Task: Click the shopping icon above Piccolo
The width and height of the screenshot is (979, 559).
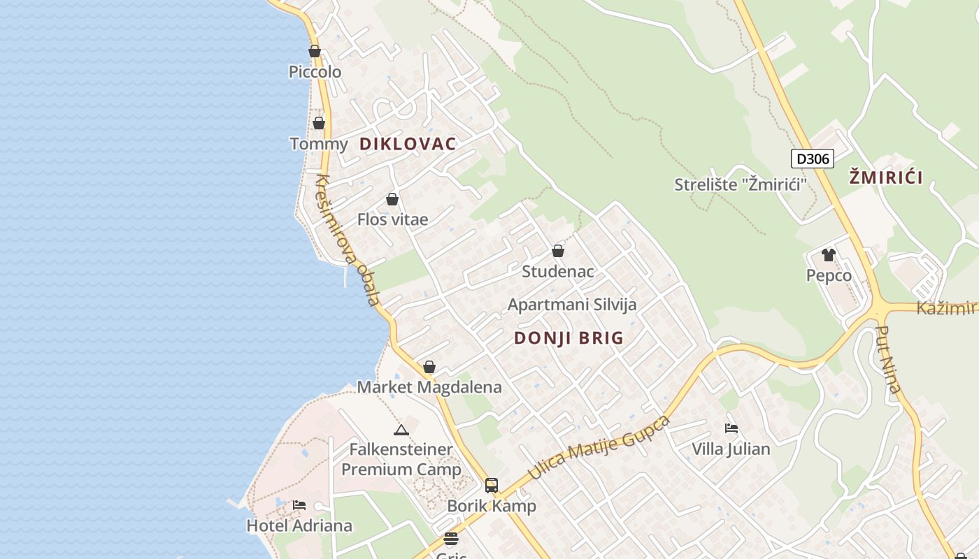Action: pyautogui.click(x=315, y=51)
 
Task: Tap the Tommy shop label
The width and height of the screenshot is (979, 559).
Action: pyautogui.click(x=318, y=144)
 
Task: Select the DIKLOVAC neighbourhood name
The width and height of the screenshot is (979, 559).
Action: pyautogui.click(x=408, y=144)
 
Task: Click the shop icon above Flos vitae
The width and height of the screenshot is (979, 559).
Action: pyautogui.click(x=392, y=200)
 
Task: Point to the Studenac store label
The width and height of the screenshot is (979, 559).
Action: pyautogui.click(x=557, y=272)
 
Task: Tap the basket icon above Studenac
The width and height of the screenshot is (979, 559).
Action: pyautogui.click(x=558, y=251)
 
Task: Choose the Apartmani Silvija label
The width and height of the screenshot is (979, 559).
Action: pyautogui.click(x=572, y=305)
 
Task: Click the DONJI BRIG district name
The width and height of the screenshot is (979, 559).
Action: pyautogui.click(x=569, y=338)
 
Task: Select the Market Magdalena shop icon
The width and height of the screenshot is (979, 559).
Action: pyautogui.click(x=429, y=368)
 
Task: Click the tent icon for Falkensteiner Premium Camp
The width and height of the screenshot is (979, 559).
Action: pyautogui.click(x=401, y=430)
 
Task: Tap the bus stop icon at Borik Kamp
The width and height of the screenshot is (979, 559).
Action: pyautogui.click(x=492, y=486)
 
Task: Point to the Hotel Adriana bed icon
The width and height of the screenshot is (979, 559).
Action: pyautogui.click(x=299, y=504)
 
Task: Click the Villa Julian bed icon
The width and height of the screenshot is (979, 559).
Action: pyautogui.click(x=731, y=428)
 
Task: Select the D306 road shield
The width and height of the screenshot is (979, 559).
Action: pyautogui.click(x=813, y=159)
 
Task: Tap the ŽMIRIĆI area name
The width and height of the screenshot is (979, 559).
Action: pyautogui.click(x=886, y=177)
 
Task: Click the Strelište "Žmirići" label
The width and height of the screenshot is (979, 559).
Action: pyautogui.click(x=741, y=185)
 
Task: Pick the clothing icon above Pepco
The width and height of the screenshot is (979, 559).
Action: pyautogui.click(x=829, y=255)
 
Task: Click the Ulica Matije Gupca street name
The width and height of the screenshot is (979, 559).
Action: pyautogui.click(x=599, y=447)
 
